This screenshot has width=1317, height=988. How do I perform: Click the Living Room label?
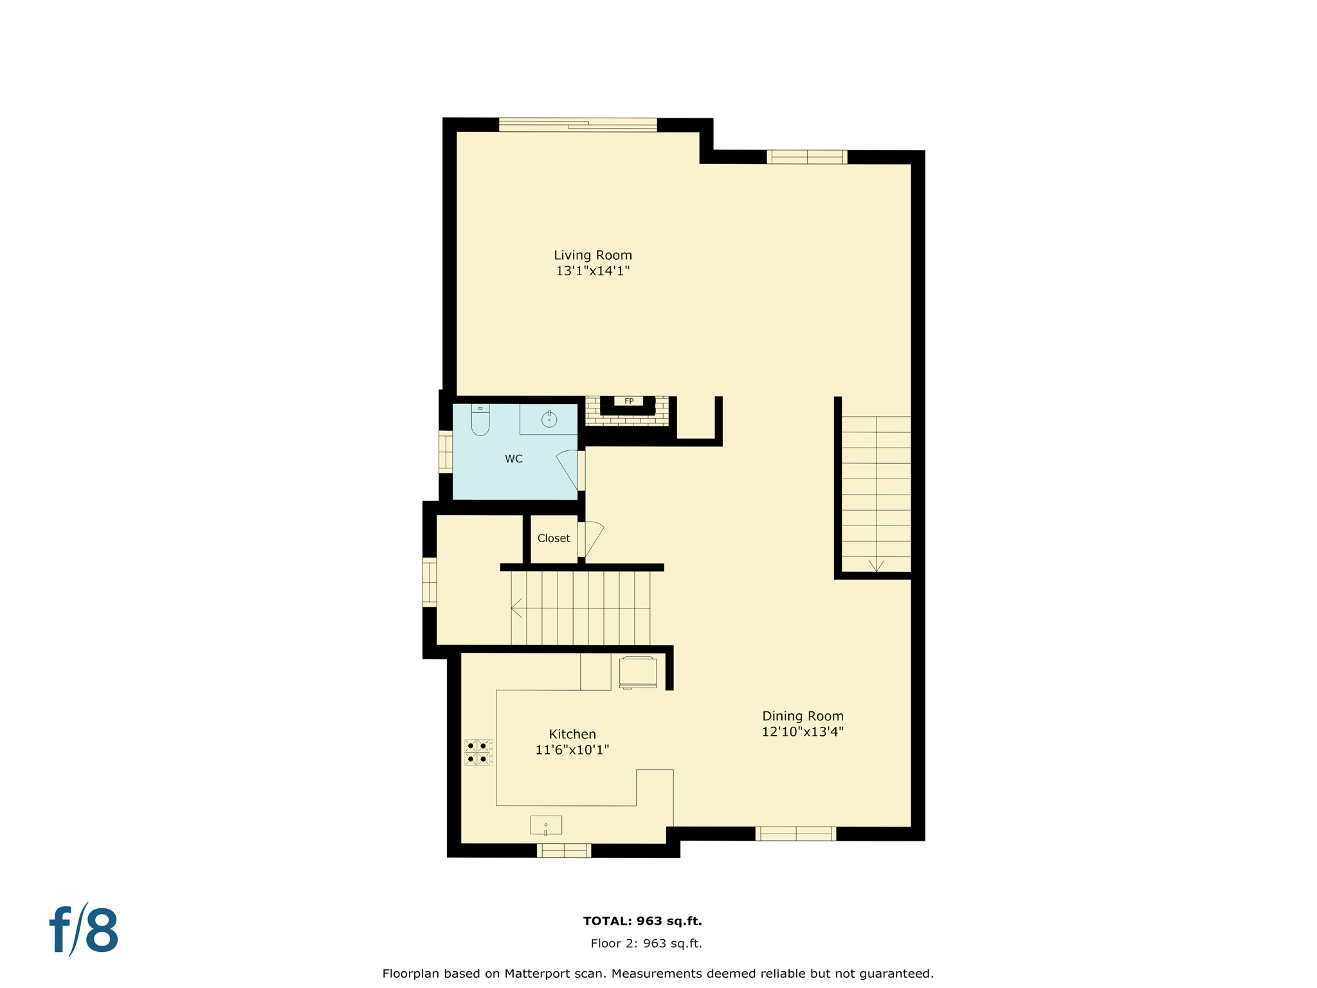(x=592, y=255)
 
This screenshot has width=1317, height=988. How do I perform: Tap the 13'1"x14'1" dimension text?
(x=592, y=271)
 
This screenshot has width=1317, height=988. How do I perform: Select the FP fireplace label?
(x=629, y=401)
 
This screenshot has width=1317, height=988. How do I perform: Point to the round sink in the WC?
(x=549, y=419)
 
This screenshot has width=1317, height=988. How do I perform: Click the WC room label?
(x=513, y=459)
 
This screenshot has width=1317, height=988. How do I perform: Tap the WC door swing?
(x=568, y=468)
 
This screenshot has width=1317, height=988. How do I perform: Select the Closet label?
(x=553, y=538)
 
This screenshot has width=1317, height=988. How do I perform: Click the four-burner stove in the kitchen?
(x=478, y=752)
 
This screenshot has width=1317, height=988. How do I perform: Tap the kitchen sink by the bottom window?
(x=545, y=825)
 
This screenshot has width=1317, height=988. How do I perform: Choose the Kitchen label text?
(x=572, y=734)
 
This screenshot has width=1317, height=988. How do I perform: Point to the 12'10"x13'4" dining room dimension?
(x=803, y=732)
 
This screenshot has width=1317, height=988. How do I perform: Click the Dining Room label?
(x=803, y=716)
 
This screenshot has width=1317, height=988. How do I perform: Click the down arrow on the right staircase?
(x=876, y=565)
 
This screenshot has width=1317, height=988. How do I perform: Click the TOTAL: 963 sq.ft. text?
(x=642, y=921)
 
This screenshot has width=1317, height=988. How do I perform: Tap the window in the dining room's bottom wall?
(x=795, y=834)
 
